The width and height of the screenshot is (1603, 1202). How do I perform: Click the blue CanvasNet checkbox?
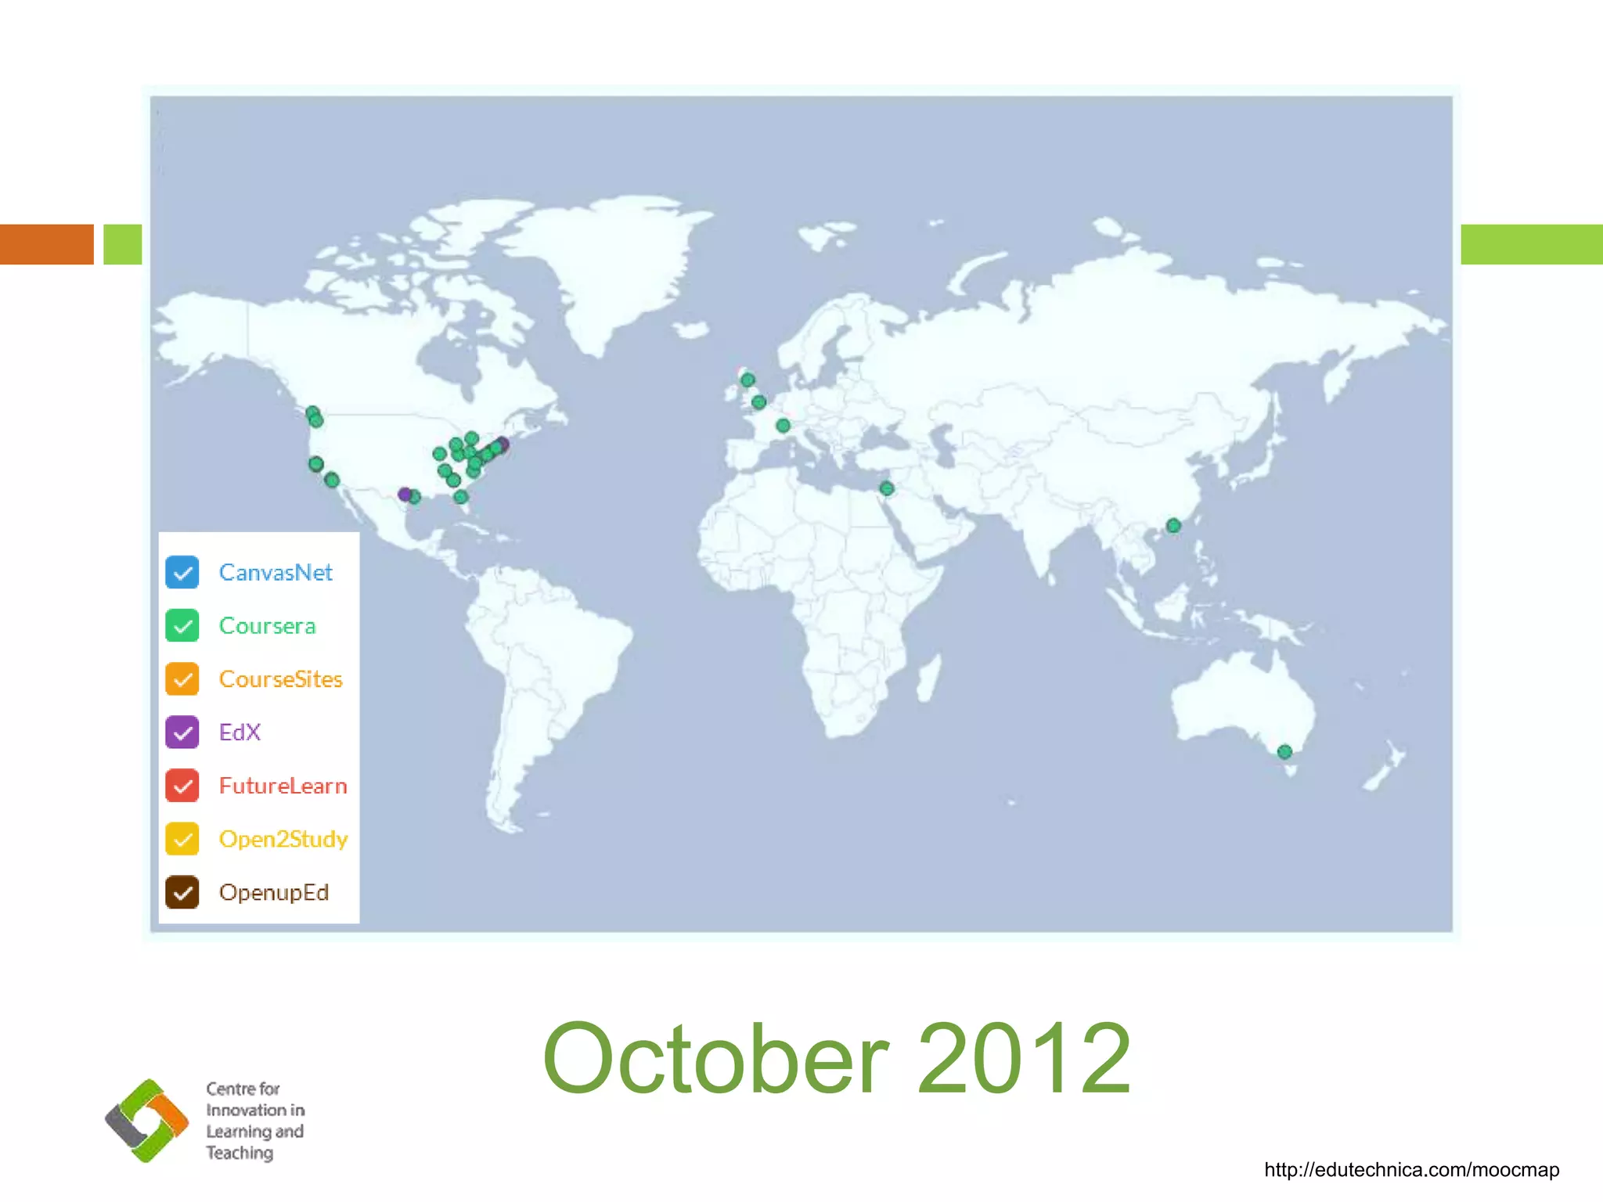(182, 572)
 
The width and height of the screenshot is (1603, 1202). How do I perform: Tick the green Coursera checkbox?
(182, 626)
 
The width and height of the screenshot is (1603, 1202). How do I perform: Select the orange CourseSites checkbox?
(182, 679)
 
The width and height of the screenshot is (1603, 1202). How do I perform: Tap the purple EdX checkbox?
(182, 732)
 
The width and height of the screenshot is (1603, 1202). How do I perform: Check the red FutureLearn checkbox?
(182, 786)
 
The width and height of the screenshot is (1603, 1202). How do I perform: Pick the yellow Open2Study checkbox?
(182, 839)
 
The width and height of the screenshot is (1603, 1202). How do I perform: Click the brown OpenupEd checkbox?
(182, 892)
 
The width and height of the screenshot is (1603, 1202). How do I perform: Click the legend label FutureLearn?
(283, 786)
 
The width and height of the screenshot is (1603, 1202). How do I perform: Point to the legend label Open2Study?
(283, 840)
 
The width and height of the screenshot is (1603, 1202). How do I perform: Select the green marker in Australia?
(1284, 752)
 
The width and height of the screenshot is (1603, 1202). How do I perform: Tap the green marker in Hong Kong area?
(1173, 525)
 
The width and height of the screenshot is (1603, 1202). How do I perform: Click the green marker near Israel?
(886, 488)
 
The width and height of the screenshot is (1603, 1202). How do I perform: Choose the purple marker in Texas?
(404, 494)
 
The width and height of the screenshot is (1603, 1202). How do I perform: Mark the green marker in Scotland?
(747, 380)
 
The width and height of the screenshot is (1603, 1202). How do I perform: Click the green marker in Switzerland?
(783, 426)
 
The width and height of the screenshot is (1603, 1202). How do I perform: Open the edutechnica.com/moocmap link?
(1411, 1170)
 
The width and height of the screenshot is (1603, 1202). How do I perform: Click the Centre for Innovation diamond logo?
(147, 1121)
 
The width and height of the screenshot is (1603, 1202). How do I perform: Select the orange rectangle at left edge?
(47, 244)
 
